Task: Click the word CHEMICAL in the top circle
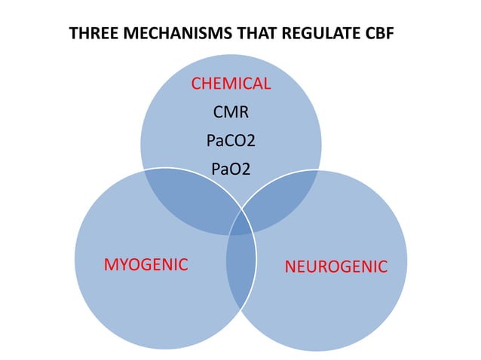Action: click(x=231, y=84)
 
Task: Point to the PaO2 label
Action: click(x=231, y=168)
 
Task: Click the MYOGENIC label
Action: click(x=145, y=264)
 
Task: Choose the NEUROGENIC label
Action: click(x=335, y=267)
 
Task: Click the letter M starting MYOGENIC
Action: click(x=109, y=264)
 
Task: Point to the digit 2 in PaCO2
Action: click(x=253, y=140)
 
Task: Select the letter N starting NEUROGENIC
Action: click(x=290, y=267)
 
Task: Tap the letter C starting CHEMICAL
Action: click(x=195, y=84)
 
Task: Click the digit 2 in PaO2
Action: click(x=247, y=168)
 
